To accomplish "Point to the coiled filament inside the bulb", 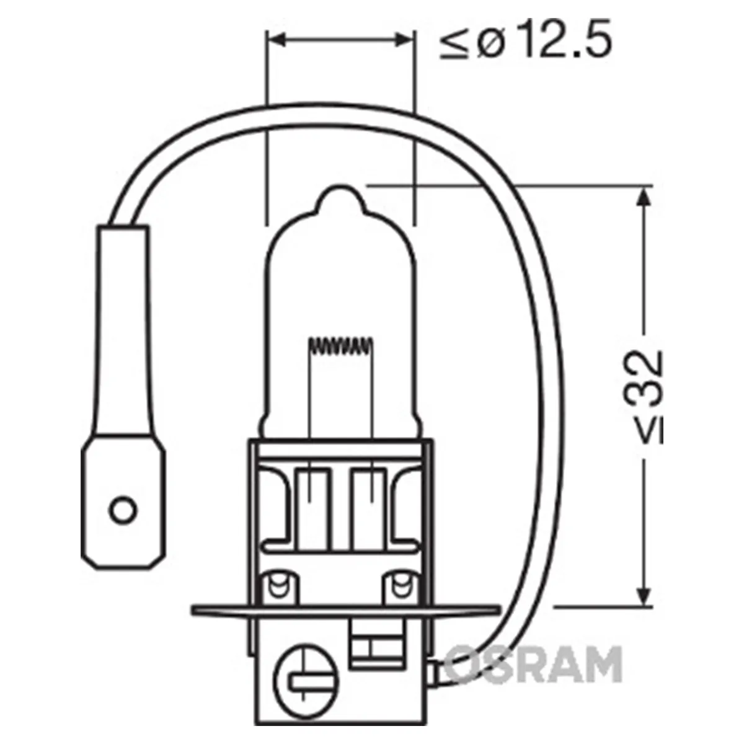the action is tap(341, 344).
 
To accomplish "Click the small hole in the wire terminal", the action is tap(123, 510).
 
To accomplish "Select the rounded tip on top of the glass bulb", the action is tap(340, 200).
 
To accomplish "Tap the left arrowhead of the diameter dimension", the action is tap(277, 40).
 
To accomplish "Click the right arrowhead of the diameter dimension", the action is tap(404, 40).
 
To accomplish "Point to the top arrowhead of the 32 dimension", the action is tap(642, 197).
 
